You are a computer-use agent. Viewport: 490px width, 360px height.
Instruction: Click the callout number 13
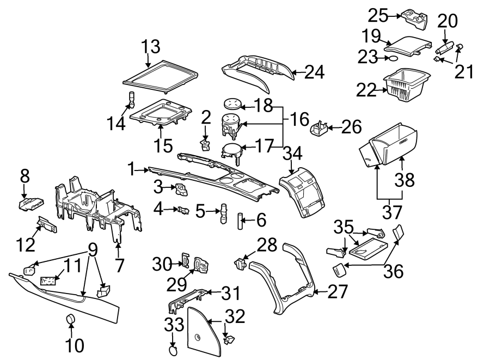click(152, 47)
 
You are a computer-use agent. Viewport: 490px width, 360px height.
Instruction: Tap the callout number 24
click(314, 72)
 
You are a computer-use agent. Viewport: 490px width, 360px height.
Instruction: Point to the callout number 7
click(119, 265)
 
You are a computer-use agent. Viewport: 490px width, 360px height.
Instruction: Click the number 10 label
click(75, 345)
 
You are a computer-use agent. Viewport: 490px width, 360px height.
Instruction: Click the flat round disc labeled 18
click(233, 103)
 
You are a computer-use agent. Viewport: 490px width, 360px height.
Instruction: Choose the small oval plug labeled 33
click(172, 351)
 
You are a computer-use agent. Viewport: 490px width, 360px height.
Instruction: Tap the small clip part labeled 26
click(319, 129)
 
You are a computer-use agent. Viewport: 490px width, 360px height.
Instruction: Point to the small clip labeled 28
click(240, 264)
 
